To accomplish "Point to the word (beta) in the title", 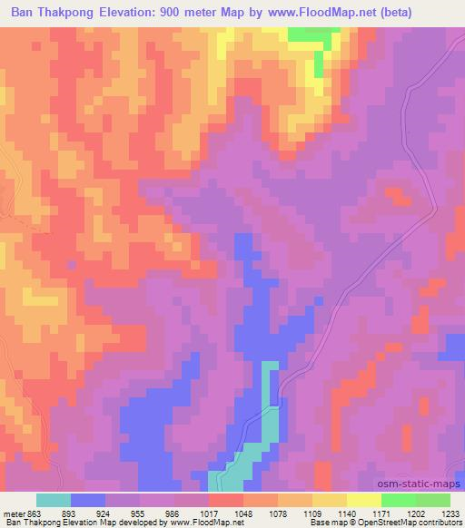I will pos(435,13).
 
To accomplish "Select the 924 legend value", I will pos(124,513).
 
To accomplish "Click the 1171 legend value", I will pos(400,513).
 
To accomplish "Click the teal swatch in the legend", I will pos(54,500).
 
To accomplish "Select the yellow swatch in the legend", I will pos(364,500).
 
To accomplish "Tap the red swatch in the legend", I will pos(226,500).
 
